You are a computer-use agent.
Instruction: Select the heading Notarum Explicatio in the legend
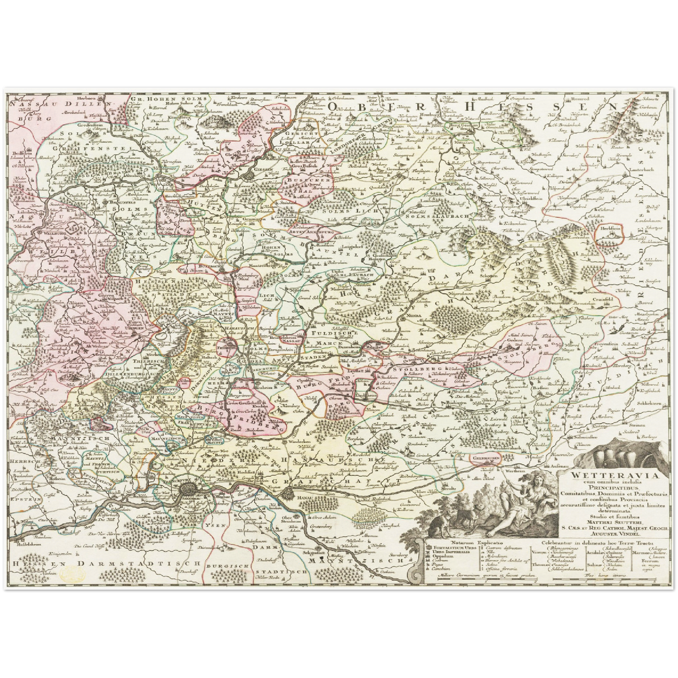[475, 542]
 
